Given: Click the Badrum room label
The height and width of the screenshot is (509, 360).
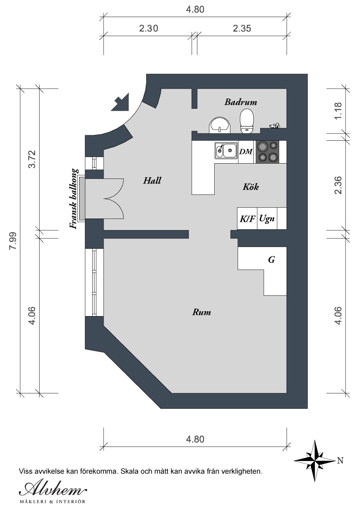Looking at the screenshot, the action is click(241, 102).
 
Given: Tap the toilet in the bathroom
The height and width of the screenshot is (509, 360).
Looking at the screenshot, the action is click(247, 121).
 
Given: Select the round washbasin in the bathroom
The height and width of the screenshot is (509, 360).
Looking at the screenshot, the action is click(220, 125).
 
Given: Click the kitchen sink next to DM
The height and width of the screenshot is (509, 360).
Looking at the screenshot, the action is click(226, 151).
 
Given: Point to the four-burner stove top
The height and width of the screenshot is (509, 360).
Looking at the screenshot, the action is click(268, 152).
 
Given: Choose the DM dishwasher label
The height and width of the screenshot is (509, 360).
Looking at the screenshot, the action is click(246, 152).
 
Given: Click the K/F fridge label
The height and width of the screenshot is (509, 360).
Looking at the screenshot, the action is click(247, 219).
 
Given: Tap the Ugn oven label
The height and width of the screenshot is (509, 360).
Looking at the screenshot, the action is click(267, 219).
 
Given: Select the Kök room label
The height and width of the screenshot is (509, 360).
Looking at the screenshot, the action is click(251, 187).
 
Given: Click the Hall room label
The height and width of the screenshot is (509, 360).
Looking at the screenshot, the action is click(152, 180).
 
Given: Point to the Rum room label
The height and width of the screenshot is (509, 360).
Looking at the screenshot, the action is click(202, 313).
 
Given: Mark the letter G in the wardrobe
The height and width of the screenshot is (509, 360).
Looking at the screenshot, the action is click(272, 260).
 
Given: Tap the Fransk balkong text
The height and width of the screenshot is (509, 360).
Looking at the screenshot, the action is click(74, 199).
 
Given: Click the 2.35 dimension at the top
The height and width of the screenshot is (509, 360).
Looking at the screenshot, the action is click(242, 29).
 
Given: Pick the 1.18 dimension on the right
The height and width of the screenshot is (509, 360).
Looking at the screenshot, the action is click(338, 111).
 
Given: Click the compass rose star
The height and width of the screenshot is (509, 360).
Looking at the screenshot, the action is click(315, 460).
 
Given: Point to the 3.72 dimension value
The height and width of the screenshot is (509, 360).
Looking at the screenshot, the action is click(32, 159).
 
